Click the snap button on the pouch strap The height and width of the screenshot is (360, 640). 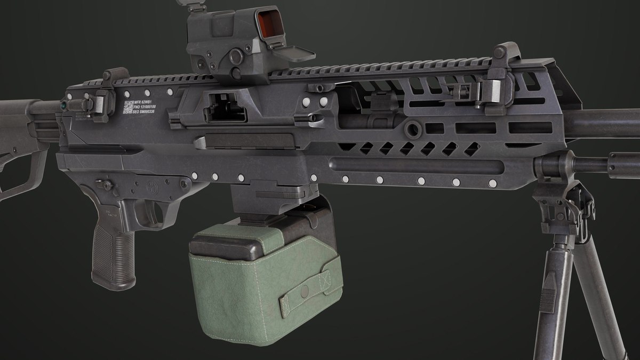[x=304, y=292]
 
